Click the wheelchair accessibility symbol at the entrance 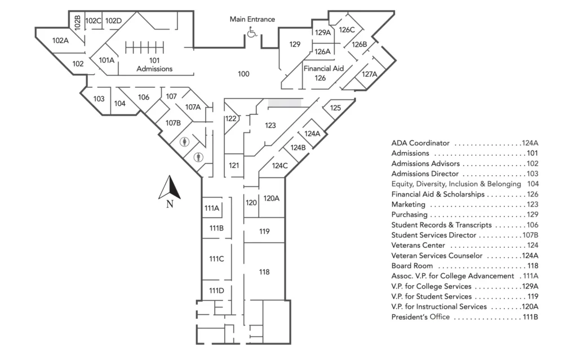(x=252, y=33)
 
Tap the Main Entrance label (x=252, y=19)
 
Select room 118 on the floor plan (x=264, y=272)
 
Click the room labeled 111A (x=212, y=208)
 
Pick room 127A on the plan (x=369, y=74)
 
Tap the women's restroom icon (x=183, y=142)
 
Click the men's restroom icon (x=197, y=157)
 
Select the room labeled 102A (x=60, y=41)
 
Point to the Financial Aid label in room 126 (x=323, y=68)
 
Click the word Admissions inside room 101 (x=154, y=69)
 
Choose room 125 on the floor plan (x=335, y=108)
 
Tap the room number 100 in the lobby (x=243, y=74)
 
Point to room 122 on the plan (x=230, y=119)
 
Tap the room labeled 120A (x=271, y=198)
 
